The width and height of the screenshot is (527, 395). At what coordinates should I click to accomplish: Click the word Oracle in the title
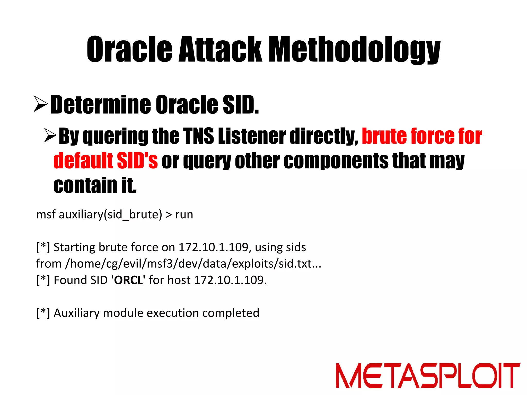[129, 49]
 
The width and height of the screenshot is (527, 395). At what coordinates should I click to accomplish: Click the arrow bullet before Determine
[41, 104]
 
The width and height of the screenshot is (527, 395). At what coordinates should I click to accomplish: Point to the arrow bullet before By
[50, 136]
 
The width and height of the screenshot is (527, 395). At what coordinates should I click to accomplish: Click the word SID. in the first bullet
[241, 105]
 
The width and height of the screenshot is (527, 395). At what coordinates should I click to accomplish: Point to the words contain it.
[95, 185]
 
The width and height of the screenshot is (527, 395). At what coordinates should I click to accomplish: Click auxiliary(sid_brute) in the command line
[110, 214]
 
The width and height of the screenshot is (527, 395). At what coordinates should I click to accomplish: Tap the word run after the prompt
[184, 214]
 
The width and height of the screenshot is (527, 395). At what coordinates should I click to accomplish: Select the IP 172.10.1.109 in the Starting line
[213, 247]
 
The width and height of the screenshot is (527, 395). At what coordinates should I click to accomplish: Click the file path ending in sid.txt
[193, 264]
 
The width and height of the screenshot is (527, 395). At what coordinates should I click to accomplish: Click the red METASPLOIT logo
[428, 375]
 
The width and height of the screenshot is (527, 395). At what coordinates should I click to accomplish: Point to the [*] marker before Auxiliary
[43, 313]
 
